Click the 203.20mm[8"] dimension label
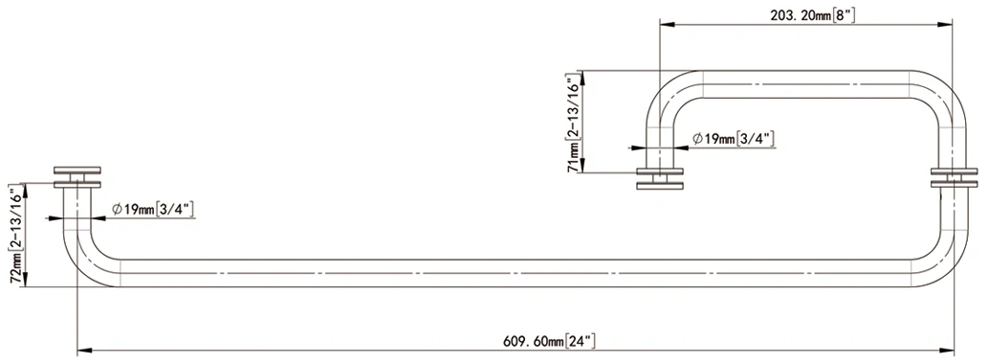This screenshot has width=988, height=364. [x=812, y=15]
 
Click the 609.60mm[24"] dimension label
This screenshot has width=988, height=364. [x=549, y=341]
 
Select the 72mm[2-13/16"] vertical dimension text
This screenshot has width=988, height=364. [x=17, y=235]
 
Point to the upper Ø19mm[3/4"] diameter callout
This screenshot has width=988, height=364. [x=734, y=139]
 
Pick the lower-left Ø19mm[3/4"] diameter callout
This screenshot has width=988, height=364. [x=153, y=209]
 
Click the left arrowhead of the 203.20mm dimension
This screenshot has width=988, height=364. [x=668, y=25]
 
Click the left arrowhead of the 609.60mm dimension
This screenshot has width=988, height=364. [x=85, y=351]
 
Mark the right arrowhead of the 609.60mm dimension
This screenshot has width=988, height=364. [x=945, y=351]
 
